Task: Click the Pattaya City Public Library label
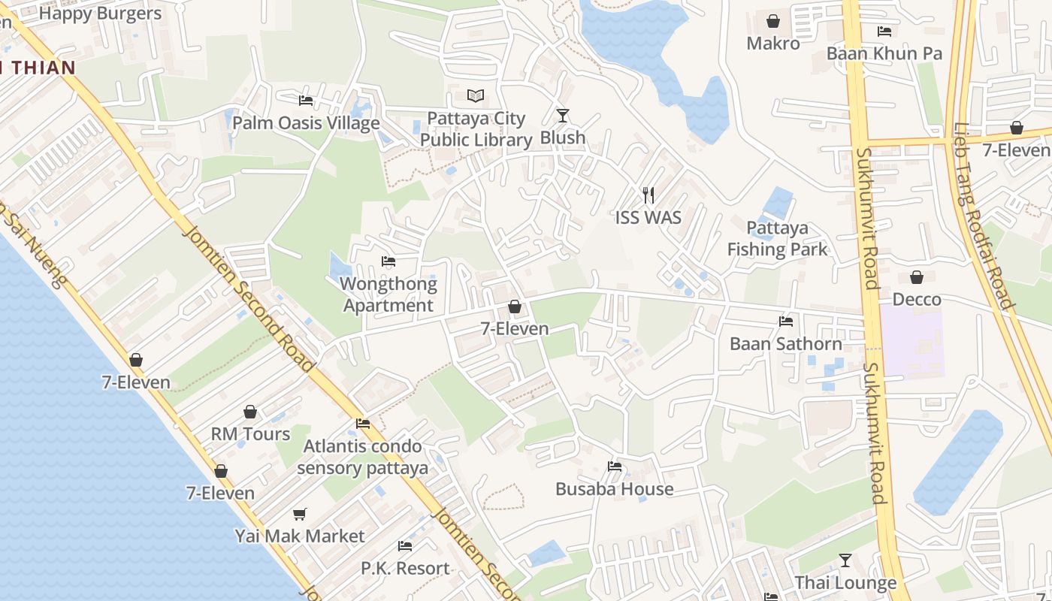coord(476,129)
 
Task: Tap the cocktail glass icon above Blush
coord(563,116)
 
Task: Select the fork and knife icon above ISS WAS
coord(648,196)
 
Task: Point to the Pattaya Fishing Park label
coord(777,238)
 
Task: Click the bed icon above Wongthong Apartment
coord(388,261)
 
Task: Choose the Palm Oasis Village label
coord(306,122)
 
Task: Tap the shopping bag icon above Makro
coord(773,22)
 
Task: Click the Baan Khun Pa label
coord(884,53)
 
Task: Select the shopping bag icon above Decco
coord(917,278)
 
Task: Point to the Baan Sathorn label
coord(786,343)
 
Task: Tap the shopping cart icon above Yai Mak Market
coord(300,515)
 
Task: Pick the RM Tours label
coord(250,433)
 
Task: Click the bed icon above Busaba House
coord(615,467)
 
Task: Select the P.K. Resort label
coord(405,568)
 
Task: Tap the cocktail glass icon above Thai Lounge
coord(845,560)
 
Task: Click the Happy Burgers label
coord(100,14)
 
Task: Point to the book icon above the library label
coord(476,96)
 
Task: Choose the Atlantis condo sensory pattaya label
coord(363,457)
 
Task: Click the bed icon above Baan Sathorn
coord(786,322)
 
